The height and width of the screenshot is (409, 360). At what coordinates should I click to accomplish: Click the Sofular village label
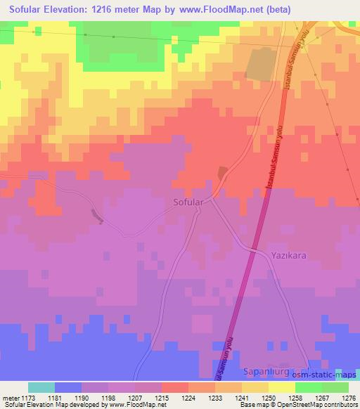pos(188,202)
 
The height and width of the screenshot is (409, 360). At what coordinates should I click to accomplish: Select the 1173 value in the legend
pos(28,397)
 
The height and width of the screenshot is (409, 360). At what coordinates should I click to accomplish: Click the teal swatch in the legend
pos(41,387)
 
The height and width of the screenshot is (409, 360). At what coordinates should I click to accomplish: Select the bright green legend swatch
pos(309,387)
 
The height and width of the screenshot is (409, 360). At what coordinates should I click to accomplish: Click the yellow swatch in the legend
pos(282,387)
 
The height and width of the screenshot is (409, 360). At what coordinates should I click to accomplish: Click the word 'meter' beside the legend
pos(10,397)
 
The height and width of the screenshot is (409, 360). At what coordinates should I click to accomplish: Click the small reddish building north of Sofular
pos(223,172)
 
